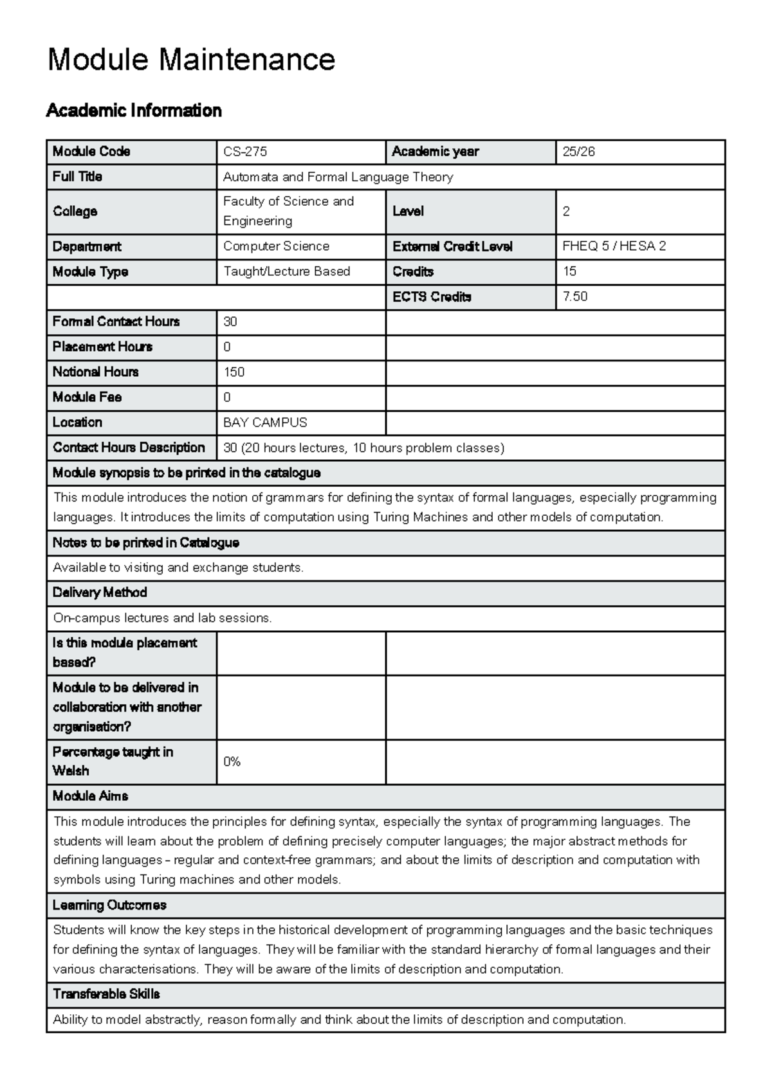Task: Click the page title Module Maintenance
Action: (x=191, y=60)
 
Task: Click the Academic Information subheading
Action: (x=134, y=111)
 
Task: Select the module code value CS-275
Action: (x=245, y=152)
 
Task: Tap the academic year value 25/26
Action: (x=578, y=152)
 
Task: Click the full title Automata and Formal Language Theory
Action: (x=338, y=177)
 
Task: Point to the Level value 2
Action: (x=566, y=212)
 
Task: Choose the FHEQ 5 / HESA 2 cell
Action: (x=614, y=246)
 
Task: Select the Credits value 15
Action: (x=569, y=271)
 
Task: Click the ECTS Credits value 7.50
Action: (x=574, y=296)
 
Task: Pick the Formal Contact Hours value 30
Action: (x=230, y=322)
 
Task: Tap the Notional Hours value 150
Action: (x=234, y=372)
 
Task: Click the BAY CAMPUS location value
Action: (x=265, y=423)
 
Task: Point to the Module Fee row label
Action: (x=87, y=397)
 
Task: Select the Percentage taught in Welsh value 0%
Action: (x=232, y=762)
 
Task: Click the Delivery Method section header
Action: (x=100, y=592)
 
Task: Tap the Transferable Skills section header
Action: (x=106, y=994)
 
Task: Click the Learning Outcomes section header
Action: (x=109, y=905)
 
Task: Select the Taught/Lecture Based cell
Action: (x=286, y=271)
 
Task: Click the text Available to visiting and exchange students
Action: (x=178, y=568)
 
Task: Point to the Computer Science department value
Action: (x=276, y=246)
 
